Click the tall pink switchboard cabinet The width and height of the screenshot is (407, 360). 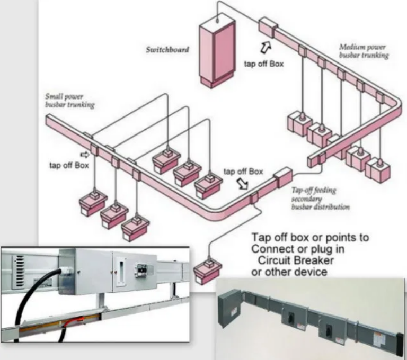point(216,53)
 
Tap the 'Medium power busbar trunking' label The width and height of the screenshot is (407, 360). point(364,51)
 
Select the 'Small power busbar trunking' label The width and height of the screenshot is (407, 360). point(69,101)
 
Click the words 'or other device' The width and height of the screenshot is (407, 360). point(288,272)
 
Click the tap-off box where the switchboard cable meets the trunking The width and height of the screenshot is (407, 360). point(267,27)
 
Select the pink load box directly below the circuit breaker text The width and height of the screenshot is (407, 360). point(207,269)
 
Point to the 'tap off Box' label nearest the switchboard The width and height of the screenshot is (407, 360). point(263,64)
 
